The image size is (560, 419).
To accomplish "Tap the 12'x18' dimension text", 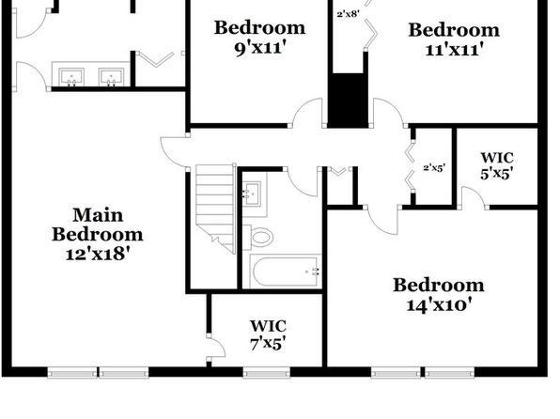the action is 98,254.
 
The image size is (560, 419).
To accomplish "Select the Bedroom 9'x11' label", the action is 259,38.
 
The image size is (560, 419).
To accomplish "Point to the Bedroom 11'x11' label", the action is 454,39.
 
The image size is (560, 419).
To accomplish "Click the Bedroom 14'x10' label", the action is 439,295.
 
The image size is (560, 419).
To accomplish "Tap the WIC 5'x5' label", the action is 497,165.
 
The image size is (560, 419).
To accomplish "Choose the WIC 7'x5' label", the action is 268,334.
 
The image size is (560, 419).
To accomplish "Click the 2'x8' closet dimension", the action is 348,14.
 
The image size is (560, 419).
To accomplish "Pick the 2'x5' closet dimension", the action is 434,167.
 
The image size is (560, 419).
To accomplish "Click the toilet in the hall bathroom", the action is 258,237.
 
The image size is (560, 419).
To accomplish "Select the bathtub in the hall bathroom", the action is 285,272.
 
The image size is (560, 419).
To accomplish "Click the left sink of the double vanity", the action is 71,77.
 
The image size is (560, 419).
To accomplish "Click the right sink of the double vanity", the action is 112,77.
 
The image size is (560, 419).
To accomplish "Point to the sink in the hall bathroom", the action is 252,194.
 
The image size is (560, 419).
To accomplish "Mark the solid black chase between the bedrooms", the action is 349,101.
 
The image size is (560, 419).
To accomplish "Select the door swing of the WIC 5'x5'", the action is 474,197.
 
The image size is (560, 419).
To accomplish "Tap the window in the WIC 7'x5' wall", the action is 267,374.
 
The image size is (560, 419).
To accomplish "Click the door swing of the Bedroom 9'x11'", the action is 308,112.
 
